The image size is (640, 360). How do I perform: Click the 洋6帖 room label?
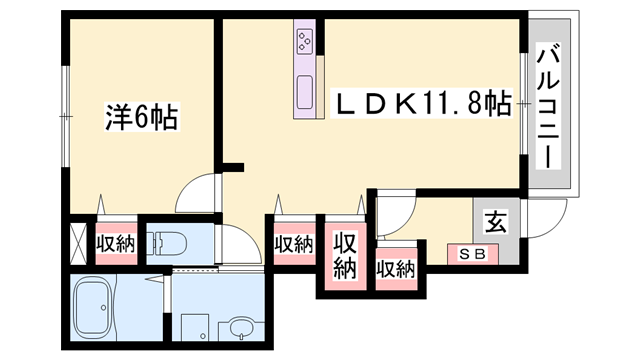(141, 117)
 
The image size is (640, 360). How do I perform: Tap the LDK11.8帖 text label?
(421, 103)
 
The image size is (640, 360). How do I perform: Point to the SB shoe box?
(473, 254)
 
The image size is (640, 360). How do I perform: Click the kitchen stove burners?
(304, 41)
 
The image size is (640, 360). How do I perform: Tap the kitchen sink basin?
(304, 92)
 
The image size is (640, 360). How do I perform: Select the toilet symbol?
(167, 243)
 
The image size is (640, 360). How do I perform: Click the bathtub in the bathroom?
(93, 307)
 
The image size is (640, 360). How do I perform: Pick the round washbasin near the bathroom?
(242, 328)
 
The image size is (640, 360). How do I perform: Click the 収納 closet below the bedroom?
(116, 244)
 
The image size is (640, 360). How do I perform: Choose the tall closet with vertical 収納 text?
(345, 256)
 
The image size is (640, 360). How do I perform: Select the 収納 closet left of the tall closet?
(294, 244)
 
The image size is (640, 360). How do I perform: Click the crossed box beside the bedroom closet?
(78, 244)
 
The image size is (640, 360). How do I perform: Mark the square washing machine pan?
(195, 327)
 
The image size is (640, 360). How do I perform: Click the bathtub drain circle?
(104, 307)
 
